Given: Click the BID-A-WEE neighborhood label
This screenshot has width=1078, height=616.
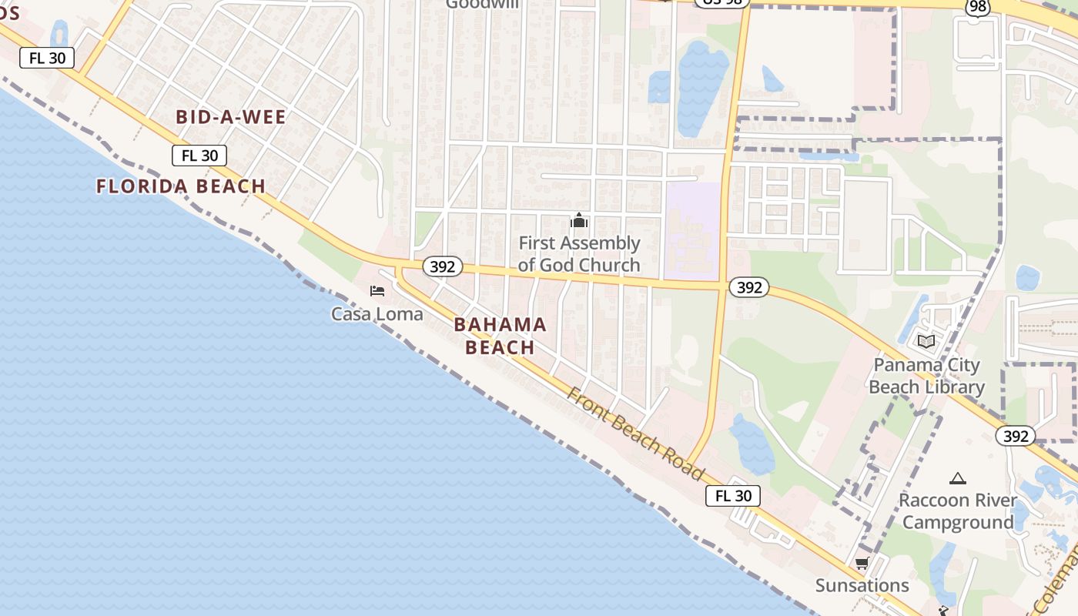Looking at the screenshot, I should (231, 117).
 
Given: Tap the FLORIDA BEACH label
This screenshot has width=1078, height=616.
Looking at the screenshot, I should (181, 186).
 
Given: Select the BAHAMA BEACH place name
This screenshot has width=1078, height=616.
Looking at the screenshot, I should (500, 336).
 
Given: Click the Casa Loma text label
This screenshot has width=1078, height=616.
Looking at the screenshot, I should (377, 313).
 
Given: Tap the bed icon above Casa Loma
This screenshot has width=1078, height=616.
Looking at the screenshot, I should (377, 291).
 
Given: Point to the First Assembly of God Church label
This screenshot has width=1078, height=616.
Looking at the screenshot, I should (579, 254).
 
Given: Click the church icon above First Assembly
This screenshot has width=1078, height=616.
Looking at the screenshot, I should (579, 222).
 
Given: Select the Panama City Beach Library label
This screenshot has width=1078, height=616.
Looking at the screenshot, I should (926, 376).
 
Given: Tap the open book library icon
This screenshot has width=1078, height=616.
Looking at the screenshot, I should (926, 341).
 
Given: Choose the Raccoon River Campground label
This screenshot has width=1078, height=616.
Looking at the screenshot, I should (958, 511).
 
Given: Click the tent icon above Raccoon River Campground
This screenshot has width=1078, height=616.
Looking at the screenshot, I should (958, 479).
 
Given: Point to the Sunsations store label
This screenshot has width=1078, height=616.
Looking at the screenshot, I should (862, 585).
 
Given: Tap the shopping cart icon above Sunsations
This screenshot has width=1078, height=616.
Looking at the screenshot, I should (862, 564).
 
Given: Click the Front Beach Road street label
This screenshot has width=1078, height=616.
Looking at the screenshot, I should (636, 434).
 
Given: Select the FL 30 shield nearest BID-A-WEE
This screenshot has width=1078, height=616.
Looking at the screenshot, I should (200, 156).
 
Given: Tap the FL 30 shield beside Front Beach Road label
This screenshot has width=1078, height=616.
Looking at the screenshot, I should (733, 496).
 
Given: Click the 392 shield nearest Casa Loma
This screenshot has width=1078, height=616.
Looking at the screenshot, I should (442, 267).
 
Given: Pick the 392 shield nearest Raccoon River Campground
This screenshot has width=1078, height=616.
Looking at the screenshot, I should (1016, 436).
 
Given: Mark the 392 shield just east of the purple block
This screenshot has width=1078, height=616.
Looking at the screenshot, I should (748, 287).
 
